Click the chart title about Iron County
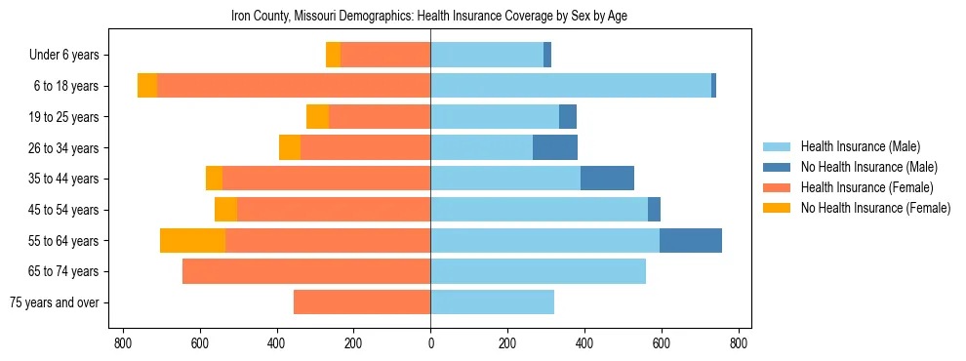pyautogui.click(x=434, y=16)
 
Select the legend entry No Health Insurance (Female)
pyautogui.click(x=875, y=208)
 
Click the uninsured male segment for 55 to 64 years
pyautogui.click(x=691, y=240)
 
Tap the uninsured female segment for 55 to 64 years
pyautogui.click(x=192, y=240)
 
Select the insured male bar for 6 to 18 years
pyautogui.click(x=571, y=86)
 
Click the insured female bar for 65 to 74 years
pyautogui.click(x=306, y=271)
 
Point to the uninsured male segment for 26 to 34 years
pyautogui.click(x=555, y=147)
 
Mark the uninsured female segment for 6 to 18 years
pyautogui.click(x=147, y=86)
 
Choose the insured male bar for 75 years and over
pyautogui.click(x=492, y=302)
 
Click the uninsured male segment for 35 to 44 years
pyautogui.click(x=607, y=179)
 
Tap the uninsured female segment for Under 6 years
pyautogui.click(x=333, y=55)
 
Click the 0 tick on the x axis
pyautogui.click(x=430, y=343)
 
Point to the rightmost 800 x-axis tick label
pyautogui.click(x=739, y=343)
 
